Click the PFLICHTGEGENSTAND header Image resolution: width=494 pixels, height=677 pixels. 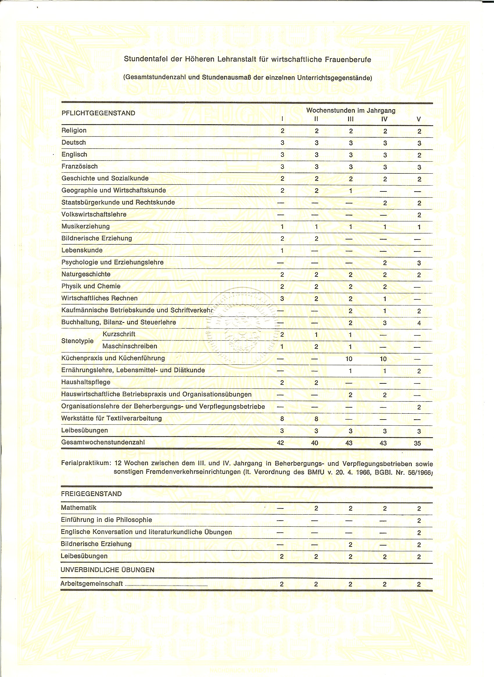[x=99, y=113]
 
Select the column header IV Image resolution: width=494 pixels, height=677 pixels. [x=384, y=119]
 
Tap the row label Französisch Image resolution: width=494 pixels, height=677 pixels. [x=80, y=166]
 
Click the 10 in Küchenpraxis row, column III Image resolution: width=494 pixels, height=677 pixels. [x=349, y=359]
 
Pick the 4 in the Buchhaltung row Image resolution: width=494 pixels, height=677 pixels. [x=419, y=323]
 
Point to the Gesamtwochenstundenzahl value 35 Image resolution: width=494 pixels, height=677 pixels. [x=418, y=443]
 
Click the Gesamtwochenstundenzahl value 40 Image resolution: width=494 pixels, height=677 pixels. [x=315, y=443]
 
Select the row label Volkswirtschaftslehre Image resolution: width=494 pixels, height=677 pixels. [x=94, y=214]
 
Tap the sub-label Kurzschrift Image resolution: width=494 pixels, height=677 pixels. [x=119, y=334]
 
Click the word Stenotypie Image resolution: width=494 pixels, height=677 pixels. [x=78, y=341]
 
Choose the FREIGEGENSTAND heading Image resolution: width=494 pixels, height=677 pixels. [x=91, y=494]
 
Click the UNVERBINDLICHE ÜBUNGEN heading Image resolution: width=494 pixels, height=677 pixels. [x=107, y=570]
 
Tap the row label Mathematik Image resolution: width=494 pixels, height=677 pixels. [x=79, y=507]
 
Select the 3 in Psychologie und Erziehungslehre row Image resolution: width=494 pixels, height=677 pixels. [x=419, y=263]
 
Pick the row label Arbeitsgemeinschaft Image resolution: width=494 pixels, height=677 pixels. [x=92, y=584]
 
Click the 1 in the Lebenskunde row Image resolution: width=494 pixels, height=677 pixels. [x=282, y=250]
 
